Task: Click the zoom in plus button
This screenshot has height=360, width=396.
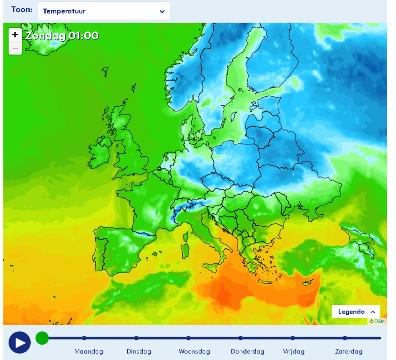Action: (15, 35)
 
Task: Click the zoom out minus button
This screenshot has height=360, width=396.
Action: (15, 48)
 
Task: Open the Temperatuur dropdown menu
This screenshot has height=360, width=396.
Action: (104, 11)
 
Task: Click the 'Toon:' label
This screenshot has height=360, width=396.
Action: (22, 10)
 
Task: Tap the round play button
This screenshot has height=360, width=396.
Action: (20, 342)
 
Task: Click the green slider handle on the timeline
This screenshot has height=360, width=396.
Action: (42, 338)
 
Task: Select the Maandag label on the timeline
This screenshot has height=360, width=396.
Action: (89, 351)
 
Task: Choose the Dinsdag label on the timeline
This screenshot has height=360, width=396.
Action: (139, 351)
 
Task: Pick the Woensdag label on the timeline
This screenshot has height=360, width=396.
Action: (194, 351)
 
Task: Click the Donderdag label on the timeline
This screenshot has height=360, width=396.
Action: (248, 351)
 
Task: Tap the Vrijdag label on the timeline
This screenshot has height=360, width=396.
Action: (294, 351)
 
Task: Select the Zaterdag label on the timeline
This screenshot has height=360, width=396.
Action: (349, 351)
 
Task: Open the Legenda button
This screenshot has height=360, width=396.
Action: (356, 311)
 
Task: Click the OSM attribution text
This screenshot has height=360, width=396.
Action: (378, 321)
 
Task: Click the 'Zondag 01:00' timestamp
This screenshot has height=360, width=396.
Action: (62, 35)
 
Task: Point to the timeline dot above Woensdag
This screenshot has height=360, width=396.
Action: (189, 338)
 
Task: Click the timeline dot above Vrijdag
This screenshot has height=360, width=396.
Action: (293, 338)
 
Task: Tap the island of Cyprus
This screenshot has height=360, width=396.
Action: (311, 283)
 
